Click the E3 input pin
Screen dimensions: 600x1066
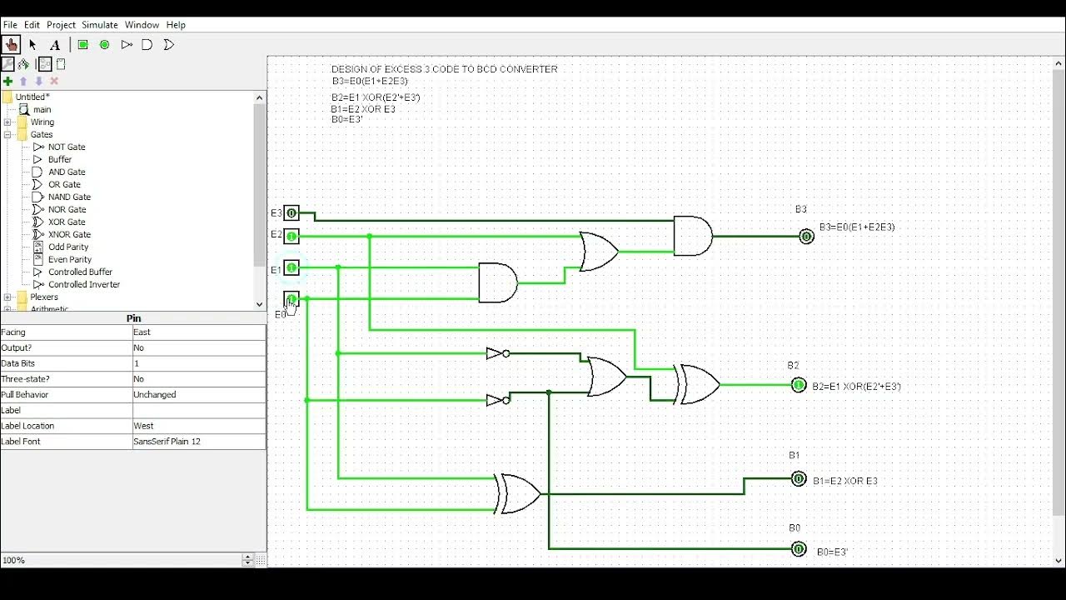coord(291,213)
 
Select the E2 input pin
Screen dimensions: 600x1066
coord(291,236)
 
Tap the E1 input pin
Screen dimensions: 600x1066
coord(291,267)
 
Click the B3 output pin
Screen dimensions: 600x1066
coord(806,237)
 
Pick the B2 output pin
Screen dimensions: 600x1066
coord(799,385)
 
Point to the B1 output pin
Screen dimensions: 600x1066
coord(799,479)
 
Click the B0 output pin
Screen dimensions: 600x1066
coord(799,549)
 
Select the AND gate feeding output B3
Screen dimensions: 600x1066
coord(692,237)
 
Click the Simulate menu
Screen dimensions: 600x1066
coord(100,25)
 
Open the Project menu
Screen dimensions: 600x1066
coord(61,25)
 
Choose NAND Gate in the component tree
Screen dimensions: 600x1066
coord(69,197)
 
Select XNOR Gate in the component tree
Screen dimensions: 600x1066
coord(69,234)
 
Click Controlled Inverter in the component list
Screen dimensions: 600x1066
coord(84,284)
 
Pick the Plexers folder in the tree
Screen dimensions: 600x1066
coord(44,297)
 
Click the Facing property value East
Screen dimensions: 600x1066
coord(198,332)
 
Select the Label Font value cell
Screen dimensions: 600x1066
coord(198,442)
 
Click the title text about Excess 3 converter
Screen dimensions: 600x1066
coord(444,69)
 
